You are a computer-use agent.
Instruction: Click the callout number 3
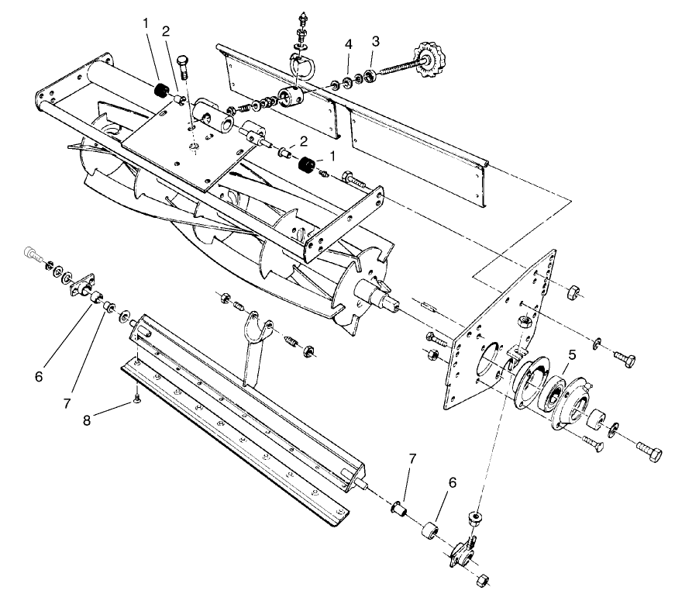pos(375,40)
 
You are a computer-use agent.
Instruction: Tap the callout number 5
pos(571,354)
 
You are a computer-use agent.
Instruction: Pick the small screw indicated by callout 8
pos(135,398)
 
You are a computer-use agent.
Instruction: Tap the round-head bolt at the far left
pos(29,253)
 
